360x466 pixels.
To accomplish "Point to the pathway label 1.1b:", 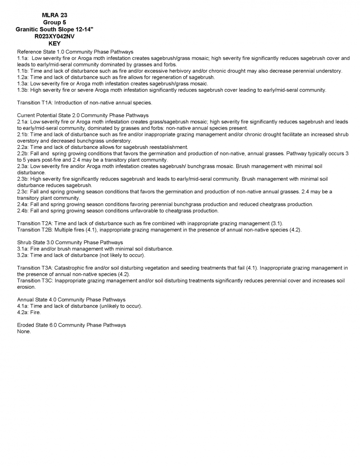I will (x=22, y=71).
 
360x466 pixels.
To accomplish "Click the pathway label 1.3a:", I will (x=22, y=84).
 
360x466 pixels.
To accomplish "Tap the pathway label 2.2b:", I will (x=22, y=153).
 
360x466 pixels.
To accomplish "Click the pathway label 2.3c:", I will (x=22, y=192).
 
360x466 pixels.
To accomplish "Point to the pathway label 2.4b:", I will (x=22, y=211).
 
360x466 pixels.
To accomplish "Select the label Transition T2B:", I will (x=35, y=230).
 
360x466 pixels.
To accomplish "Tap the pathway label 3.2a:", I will (x=22, y=255).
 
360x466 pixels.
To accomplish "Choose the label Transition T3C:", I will (x=35, y=281).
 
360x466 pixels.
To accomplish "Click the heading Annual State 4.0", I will (x=38, y=300).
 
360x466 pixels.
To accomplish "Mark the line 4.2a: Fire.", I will (x=28, y=312).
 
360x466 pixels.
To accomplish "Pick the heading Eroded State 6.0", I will (x=38, y=325).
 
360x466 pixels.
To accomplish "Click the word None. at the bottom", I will (x=24, y=332).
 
